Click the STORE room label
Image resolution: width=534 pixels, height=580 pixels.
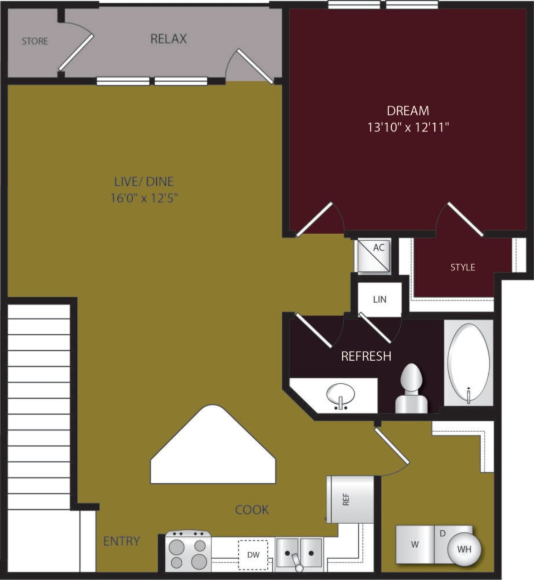coord(35,41)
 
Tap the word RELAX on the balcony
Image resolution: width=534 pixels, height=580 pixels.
coord(168,39)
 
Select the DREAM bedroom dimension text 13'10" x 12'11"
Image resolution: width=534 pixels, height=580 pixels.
coord(408,127)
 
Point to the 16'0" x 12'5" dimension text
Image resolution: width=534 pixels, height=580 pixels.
coord(144,198)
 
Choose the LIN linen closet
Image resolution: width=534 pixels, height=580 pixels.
coord(380,300)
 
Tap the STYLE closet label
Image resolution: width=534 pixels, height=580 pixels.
coord(462,267)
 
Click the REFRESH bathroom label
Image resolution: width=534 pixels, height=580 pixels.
coord(366,356)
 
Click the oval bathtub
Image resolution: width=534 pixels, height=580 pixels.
coord(468,363)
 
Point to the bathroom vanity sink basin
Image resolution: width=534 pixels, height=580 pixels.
coord(340,395)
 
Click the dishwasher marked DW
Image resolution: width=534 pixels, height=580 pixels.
coord(253,554)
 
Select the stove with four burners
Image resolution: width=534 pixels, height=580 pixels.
coord(188,551)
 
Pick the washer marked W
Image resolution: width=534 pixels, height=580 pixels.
coord(415,545)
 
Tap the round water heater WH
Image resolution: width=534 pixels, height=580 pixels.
coord(464,549)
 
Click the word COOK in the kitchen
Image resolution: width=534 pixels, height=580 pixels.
coord(252,510)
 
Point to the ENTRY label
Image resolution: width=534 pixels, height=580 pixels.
coord(121,541)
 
